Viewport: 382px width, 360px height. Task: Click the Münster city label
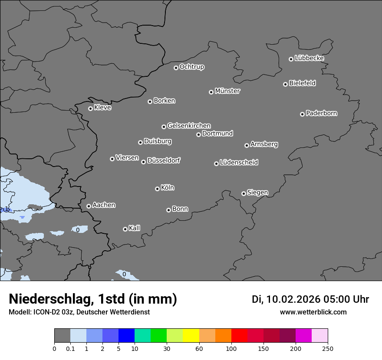227,91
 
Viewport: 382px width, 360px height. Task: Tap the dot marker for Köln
157,189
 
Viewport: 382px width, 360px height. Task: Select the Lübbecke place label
309,58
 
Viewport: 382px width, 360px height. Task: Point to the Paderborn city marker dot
302,114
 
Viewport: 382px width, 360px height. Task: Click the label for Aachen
104,205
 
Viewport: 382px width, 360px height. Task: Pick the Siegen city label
257,193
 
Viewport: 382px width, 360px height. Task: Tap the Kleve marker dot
90,108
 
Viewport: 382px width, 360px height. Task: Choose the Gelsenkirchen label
189,126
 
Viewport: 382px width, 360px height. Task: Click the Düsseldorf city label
164,160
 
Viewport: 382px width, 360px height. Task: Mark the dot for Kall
125,229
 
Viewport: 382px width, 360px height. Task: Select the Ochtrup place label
192,67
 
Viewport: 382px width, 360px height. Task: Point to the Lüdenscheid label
239,163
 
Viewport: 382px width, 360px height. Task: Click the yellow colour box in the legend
191,336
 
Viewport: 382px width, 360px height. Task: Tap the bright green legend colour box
158,336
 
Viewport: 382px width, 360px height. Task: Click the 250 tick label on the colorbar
328,348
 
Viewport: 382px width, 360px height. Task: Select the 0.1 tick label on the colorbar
70,348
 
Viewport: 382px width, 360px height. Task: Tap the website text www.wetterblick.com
313,312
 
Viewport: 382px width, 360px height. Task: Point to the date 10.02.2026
293,299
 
